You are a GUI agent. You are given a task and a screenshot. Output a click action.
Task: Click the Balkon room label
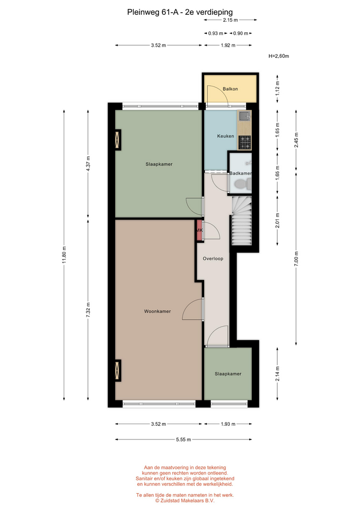click(x=230, y=89)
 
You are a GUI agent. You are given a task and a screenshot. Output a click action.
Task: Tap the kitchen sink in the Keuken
click(x=244, y=116)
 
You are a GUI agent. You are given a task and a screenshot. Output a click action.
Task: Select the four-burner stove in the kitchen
click(x=245, y=143)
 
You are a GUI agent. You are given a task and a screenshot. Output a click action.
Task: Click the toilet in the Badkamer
click(x=242, y=185)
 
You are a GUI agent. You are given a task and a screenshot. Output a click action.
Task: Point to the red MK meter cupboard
click(x=199, y=230)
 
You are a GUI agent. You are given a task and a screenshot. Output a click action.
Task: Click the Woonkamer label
click(x=157, y=311)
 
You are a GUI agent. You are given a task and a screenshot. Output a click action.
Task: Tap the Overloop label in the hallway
click(x=213, y=259)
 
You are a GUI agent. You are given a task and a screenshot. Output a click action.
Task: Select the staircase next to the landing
click(x=242, y=221)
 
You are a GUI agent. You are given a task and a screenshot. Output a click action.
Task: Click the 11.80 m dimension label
click(x=64, y=255)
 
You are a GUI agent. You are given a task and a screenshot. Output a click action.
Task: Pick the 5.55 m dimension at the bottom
click(x=183, y=440)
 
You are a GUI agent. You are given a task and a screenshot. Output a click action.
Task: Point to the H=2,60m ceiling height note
click(x=279, y=56)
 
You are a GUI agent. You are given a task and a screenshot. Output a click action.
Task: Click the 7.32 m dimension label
click(x=88, y=310)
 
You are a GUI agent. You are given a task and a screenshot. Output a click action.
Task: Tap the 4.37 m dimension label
click(x=88, y=164)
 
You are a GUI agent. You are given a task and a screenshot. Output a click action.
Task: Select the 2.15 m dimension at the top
click(x=230, y=20)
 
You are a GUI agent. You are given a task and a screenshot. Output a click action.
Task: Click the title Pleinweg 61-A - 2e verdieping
click(x=180, y=12)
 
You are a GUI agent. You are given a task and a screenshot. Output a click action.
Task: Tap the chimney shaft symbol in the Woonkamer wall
click(x=118, y=371)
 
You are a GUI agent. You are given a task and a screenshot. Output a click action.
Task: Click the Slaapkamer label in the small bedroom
click(x=228, y=374)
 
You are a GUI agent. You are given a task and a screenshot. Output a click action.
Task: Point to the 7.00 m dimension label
click(x=296, y=259)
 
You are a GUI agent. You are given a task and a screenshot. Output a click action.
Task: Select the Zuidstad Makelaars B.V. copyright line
click(x=185, y=501)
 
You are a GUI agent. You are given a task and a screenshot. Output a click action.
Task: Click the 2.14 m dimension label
click(x=277, y=374)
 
